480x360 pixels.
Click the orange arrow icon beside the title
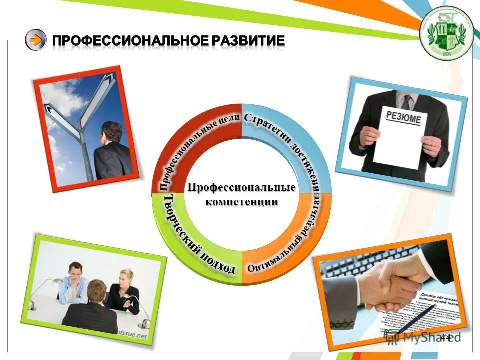tap(35, 40)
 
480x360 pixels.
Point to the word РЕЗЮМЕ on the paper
tap(404, 119)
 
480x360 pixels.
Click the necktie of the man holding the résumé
tap(408, 102)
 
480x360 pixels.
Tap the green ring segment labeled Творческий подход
tap(192, 240)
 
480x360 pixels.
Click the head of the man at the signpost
tap(112, 132)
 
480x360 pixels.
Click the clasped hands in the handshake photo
tap(387, 285)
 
